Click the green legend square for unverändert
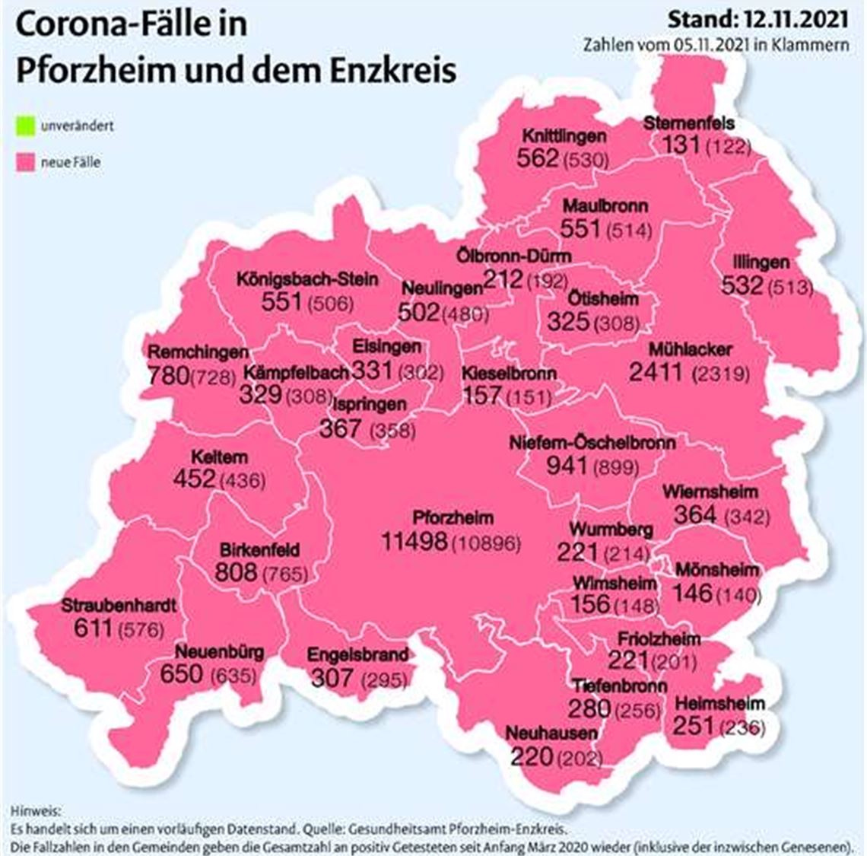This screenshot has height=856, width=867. tap(27, 126)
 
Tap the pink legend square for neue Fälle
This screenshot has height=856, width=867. tap(27, 162)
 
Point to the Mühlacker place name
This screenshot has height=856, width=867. tap(691, 349)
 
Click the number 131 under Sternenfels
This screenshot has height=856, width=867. tap(681, 145)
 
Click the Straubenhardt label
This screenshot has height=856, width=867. tap(119, 606)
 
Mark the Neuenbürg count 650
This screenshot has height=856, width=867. tap(181, 674)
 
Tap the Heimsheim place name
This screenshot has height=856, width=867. tap(719, 703)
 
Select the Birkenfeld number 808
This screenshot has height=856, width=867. tap(236, 571)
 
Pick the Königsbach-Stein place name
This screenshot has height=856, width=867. tap(307, 278)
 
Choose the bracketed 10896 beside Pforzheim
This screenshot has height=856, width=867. tap(487, 544)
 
